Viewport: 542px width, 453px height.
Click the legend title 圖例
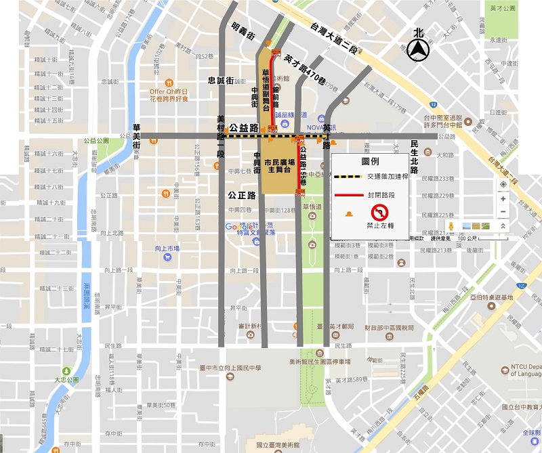coord(371,163)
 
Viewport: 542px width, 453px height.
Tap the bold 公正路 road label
coord(242,195)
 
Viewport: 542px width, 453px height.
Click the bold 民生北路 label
coord(414,156)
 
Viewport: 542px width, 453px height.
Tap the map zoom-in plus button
coord(502,199)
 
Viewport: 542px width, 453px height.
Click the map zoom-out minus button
coord(502,212)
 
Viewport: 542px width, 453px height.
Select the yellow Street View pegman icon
coord(451,225)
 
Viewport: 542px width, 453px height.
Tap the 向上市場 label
coord(166,249)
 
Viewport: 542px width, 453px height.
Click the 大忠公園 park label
coord(66,381)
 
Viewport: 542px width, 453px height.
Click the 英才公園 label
coord(502,8)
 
